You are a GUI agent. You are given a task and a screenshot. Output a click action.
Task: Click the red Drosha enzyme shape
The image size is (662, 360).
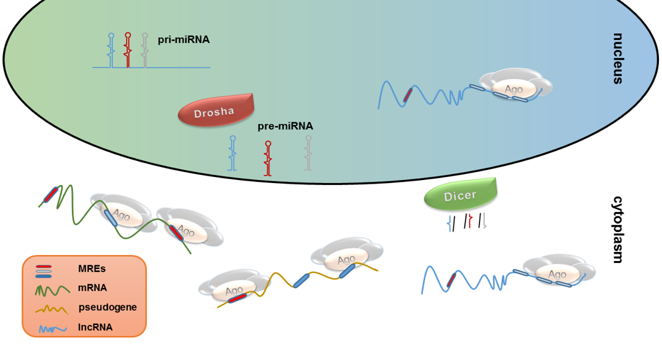[215, 111]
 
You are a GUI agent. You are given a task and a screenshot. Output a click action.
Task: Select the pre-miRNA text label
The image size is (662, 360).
[286, 126]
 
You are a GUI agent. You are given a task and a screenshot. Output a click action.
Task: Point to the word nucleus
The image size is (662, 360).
[617, 58]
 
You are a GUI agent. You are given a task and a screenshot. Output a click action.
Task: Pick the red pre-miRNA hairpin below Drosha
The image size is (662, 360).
[268, 158]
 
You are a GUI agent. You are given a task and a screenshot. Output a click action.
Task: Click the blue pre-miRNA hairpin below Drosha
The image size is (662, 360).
[232, 153]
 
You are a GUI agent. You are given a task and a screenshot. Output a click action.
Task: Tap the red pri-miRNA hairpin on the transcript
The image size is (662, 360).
[128, 50]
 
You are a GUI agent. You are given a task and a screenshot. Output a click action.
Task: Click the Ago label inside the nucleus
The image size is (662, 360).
[513, 89]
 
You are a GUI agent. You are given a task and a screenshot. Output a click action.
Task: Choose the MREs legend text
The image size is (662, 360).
[92, 268]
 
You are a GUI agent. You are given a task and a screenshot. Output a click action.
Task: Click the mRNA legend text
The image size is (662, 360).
[92, 287]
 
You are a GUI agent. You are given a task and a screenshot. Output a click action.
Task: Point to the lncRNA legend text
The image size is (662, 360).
[95, 327]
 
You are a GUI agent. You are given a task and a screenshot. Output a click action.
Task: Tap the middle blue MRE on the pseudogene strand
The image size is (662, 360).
[302, 279]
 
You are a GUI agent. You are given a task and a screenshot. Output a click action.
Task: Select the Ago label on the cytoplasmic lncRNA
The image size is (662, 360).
[557, 274]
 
